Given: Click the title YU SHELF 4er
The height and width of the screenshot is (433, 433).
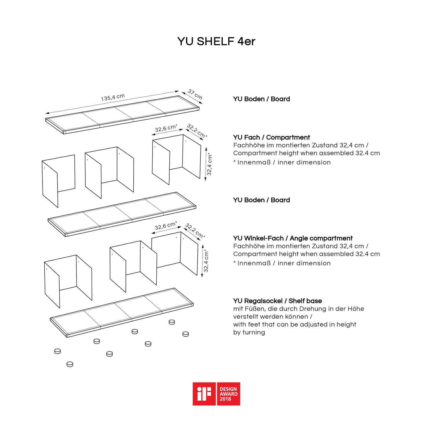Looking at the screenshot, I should click(216, 41).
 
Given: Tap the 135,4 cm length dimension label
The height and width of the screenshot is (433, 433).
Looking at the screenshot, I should click(113, 97).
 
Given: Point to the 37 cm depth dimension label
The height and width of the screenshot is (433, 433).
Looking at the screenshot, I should click(195, 94).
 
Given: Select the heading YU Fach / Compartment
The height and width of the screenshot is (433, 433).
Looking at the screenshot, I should click(271, 138).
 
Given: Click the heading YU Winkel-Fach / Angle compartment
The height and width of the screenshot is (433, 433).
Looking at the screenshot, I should click(293, 239).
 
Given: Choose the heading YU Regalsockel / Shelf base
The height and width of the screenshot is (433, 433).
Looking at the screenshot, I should click(277, 301).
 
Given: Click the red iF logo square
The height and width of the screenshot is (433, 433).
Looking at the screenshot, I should click(204, 394).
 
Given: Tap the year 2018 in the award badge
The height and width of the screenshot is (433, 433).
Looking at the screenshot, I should click(225, 399).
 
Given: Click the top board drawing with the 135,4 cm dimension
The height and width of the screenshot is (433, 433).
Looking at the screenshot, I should click(122, 114).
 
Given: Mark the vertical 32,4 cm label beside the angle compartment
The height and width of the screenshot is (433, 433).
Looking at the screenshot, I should click(206, 261).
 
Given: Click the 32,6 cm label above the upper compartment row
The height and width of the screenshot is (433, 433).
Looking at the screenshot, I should click(166, 128).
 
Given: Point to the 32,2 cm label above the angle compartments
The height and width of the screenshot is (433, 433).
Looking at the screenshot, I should click(195, 230).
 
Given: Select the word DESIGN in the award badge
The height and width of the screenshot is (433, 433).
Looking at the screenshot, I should click(228, 389).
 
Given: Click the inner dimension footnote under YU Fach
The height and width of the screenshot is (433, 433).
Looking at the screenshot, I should click(282, 162).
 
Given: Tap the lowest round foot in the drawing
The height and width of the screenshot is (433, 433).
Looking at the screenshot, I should click(70, 364).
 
